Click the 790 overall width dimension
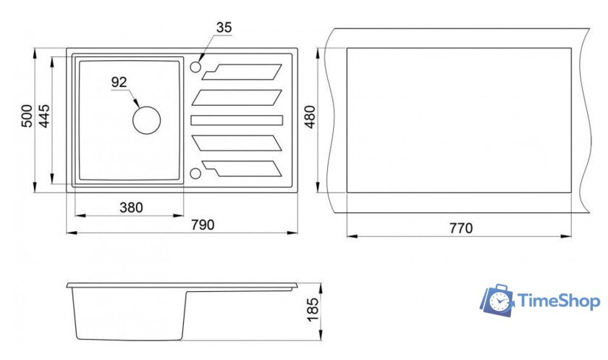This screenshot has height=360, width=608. [x=203, y=225]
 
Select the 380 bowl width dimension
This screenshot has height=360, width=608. [x=131, y=207]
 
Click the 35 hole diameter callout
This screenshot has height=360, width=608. [x=224, y=28]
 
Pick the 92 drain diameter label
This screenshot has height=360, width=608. [x=119, y=82]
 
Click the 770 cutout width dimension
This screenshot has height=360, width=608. [x=460, y=228]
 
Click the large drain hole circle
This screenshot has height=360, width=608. [x=145, y=119]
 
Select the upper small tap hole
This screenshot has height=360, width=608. [x=195, y=67]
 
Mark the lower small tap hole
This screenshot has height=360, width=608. [x=195, y=172]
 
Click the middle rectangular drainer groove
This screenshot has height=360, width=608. [x=237, y=120]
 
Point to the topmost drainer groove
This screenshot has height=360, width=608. [x=242, y=71]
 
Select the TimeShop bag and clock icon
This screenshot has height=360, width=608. [x=497, y=301]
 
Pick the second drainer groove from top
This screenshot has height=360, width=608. [x=237, y=96]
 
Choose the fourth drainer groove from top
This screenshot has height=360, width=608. [x=237, y=143]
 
